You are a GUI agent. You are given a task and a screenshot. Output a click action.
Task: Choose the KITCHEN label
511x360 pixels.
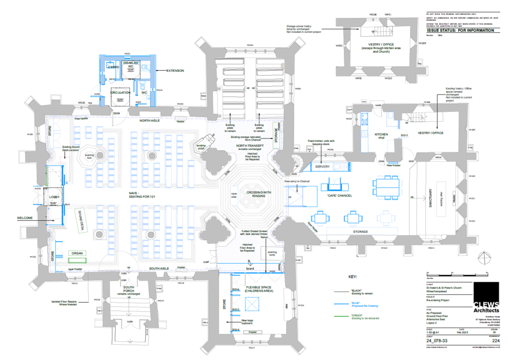pos(382,135)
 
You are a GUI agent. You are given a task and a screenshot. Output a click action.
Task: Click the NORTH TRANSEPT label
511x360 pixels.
pos(255,146)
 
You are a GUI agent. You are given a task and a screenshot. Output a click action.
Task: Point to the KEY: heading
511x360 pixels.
pos(353,276)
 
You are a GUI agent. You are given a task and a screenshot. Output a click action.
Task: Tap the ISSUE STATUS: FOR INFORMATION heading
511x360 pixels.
pos(460,30)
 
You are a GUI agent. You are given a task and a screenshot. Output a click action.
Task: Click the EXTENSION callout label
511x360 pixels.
pos(175,71)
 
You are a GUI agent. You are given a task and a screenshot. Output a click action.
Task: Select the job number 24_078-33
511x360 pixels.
pos(436,341)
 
